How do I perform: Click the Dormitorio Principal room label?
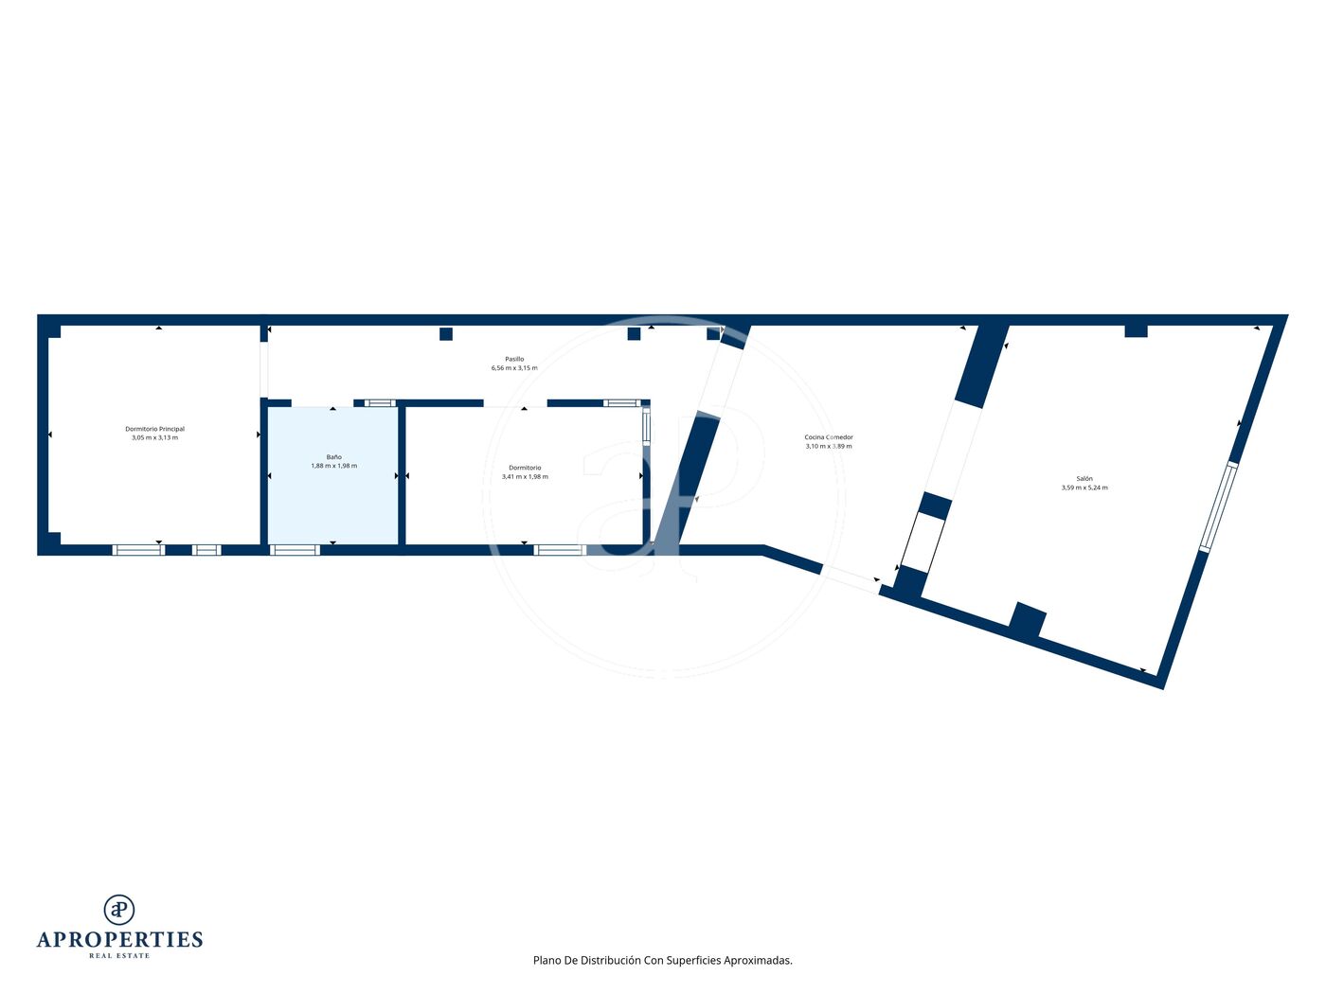pyautogui.click(x=154, y=429)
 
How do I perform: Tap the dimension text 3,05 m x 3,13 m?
pyautogui.click(x=154, y=437)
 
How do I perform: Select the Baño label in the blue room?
pyautogui.click(x=333, y=457)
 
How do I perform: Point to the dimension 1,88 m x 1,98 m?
pyautogui.click(x=333, y=466)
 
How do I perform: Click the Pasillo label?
pyautogui.click(x=514, y=359)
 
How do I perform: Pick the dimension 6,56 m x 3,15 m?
pyautogui.click(x=514, y=367)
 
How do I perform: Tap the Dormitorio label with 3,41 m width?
pyautogui.click(x=525, y=468)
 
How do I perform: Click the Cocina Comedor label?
pyautogui.click(x=828, y=437)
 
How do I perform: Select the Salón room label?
pyautogui.click(x=1084, y=479)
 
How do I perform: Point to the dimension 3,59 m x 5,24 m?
pyautogui.click(x=1084, y=488)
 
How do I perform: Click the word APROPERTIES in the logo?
pyautogui.click(x=119, y=940)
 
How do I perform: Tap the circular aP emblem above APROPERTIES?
pyautogui.click(x=119, y=910)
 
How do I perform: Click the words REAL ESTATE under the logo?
pyautogui.click(x=119, y=956)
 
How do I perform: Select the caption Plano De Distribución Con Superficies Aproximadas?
pyautogui.click(x=663, y=960)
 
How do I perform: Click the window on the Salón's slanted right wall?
pyautogui.click(x=1218, y=507)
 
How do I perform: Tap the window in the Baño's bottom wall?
pyautogui.click(x=295, y=550)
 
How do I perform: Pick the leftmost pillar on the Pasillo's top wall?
pyautogui.click(x=446, y=334)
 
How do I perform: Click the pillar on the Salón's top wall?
pyautogui.click(x=1136, y=330)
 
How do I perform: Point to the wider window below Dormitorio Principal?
pyautogui.click(x=138, y=550)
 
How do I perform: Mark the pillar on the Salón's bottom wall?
pyautogui.click(x=1027, y=620)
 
